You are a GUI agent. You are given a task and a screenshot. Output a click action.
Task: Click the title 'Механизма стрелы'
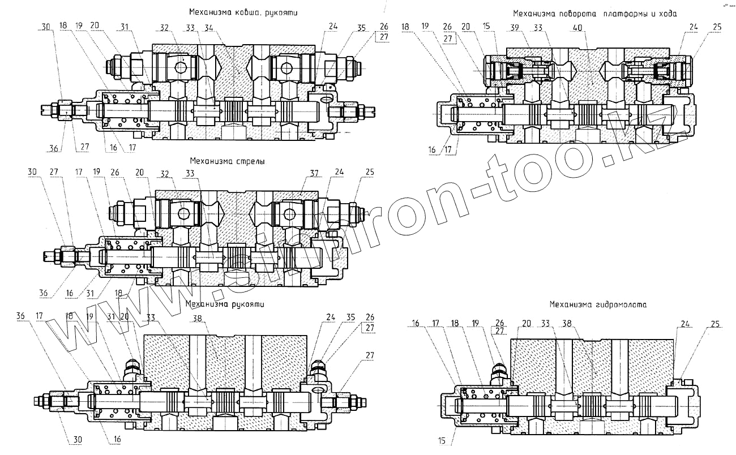(228, 161)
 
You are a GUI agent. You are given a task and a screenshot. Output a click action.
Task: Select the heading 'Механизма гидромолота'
(598, 304)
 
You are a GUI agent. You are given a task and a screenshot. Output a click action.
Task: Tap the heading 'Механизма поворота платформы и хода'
(594, 12)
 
